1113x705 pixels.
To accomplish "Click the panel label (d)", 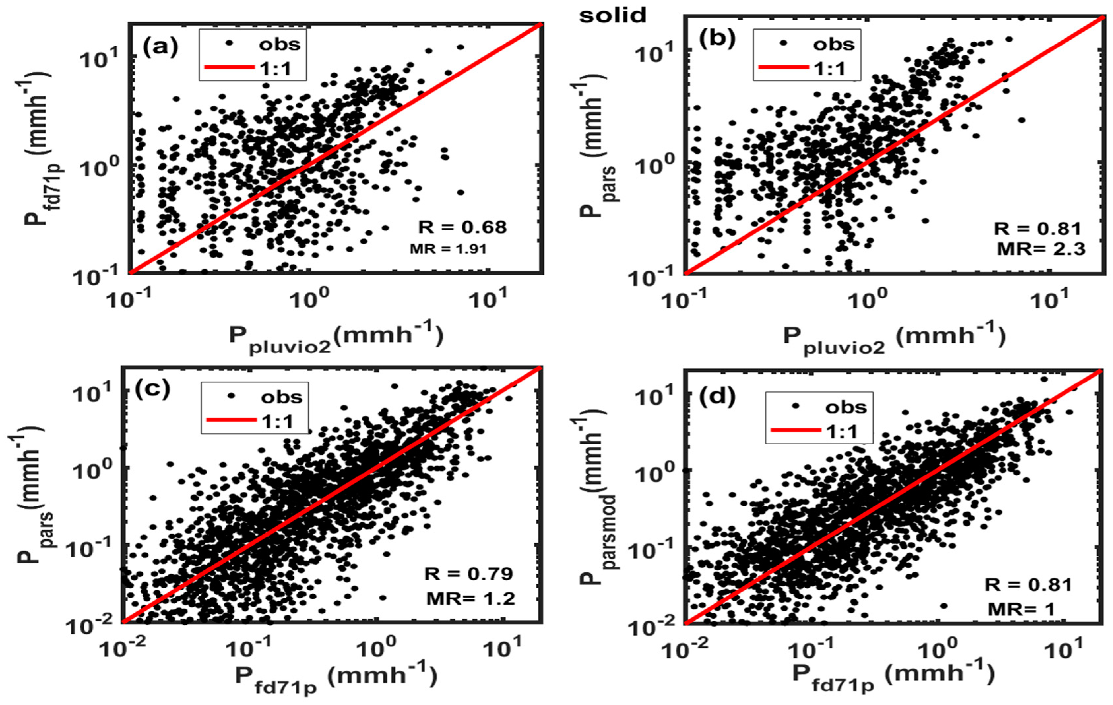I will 717,398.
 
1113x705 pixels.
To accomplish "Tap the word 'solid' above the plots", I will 613,16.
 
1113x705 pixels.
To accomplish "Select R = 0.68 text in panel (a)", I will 462,227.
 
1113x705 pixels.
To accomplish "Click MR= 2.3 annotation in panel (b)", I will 1040,249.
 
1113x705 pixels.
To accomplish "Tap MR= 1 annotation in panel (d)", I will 1022,609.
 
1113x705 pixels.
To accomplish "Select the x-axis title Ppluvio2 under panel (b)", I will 893,338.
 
